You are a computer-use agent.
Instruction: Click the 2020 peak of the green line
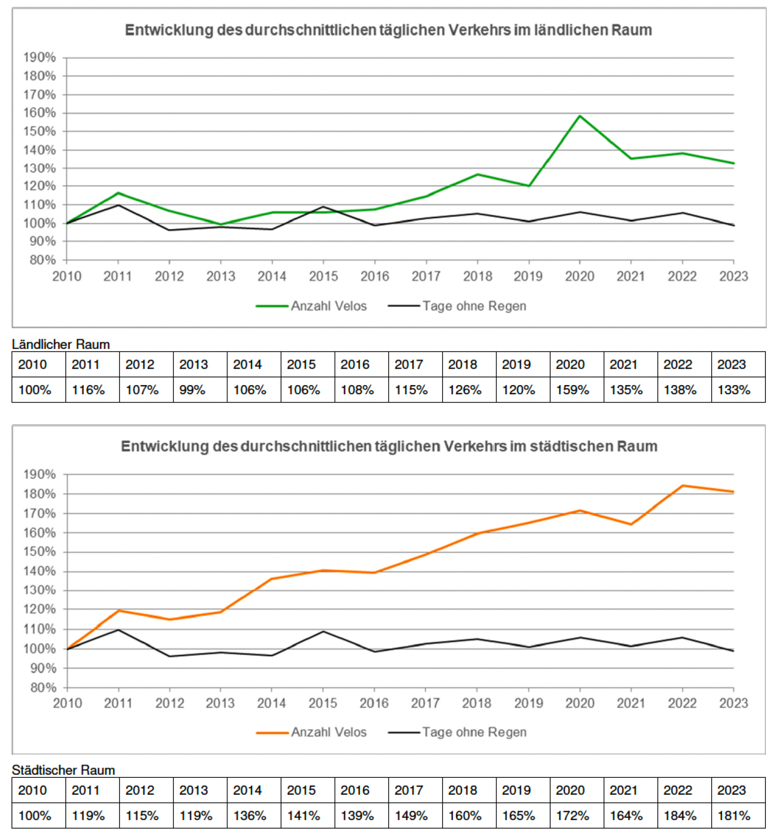click(580, 116)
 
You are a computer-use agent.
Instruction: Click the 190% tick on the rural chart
click(39, 57)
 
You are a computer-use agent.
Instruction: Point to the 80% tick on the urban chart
click(43, 687)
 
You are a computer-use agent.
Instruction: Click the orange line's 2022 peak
click(682, 485)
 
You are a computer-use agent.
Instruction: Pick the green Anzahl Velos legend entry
click(311, 306)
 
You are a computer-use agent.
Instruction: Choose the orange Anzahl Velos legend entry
click(311, 732)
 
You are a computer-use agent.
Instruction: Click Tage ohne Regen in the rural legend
click(457, 306)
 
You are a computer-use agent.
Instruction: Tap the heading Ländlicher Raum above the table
click(61, 344)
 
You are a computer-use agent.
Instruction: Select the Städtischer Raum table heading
click(63, 770)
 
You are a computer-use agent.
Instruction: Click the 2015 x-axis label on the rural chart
click(323, 276)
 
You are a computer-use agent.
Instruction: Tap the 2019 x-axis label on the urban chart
click(529, 703)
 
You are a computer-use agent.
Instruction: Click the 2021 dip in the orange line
click(631, 524)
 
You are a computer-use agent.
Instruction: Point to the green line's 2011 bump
click(118, 193)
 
